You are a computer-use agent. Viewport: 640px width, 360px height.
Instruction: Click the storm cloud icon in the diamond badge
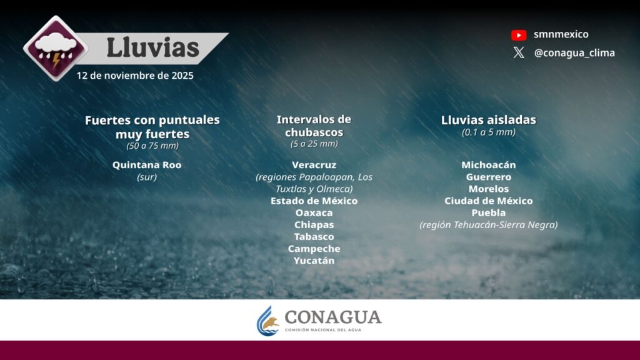coord(56,48)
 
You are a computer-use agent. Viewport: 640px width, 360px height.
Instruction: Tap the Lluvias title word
coord(153,47)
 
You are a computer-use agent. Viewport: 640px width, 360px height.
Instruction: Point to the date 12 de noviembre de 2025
coord(135,76)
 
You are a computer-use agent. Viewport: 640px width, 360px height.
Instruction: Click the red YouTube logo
coord(519,35)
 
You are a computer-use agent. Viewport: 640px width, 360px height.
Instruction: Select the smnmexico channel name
coord(561,34)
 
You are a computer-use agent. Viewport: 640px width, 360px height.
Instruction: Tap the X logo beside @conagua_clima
coord(519,52)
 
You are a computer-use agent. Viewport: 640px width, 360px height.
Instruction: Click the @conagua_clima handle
coord(574,53)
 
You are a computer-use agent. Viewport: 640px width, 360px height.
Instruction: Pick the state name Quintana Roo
coord(147,165)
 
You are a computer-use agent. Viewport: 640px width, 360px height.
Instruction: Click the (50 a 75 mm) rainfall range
coord(152,146)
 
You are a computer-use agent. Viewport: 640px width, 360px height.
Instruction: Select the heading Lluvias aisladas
coord(489,120)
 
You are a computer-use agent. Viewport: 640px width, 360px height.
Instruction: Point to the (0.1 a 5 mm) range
coord(489,132)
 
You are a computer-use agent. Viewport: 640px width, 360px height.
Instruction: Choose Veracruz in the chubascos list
coord(314,165)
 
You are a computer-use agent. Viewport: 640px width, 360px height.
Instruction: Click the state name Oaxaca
coord(314,212)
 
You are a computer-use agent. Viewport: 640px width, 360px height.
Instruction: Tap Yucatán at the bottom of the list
coord(314,261)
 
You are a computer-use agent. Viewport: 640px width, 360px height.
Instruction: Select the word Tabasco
coord(314,237)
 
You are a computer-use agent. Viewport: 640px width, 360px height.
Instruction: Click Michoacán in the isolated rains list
coord(489,165)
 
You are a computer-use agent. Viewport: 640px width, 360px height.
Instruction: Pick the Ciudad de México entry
coord(489,201)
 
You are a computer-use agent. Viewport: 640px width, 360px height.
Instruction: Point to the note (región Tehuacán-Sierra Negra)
coord(489,225)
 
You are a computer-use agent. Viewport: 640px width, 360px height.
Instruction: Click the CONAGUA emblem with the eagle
coord(268,321)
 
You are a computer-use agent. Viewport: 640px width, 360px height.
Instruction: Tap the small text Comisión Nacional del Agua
coord(323,330)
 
